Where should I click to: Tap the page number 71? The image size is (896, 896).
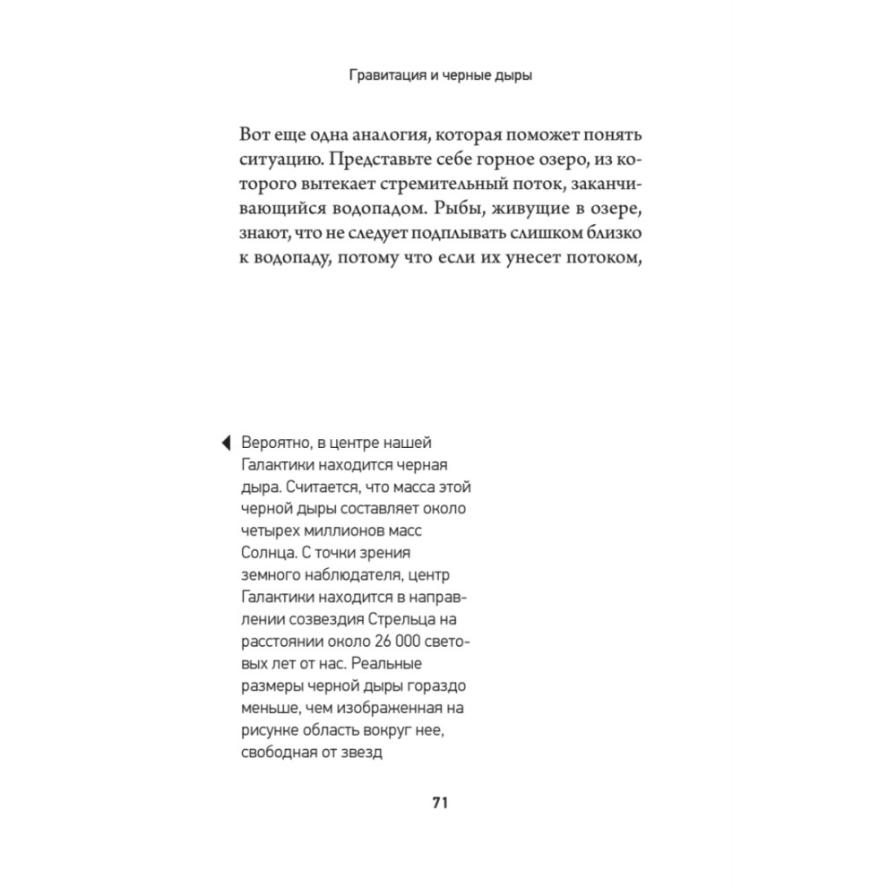pyautogui.click(x=439, y=802)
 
